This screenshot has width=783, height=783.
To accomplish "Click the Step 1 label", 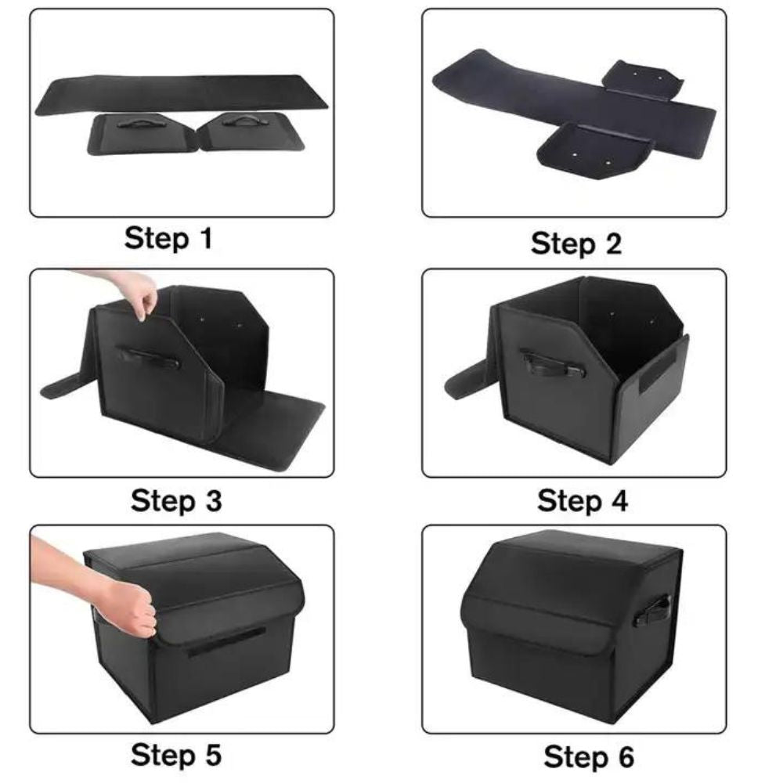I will [x=168, y=238].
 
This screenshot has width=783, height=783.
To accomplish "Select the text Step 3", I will [x=176, y=500].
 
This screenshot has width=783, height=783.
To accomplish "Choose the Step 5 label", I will [x=175, y=756].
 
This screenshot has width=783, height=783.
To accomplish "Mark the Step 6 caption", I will [x=588, y=757].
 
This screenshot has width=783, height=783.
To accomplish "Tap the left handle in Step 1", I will [x=138, y=123].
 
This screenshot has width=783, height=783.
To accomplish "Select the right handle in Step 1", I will [x=242, y=121].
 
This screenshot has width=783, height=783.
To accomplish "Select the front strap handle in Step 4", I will [x=552, y=363].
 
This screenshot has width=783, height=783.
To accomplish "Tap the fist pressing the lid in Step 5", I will [x=129, y=607].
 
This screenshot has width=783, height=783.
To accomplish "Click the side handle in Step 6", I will [x=652, y=609].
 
